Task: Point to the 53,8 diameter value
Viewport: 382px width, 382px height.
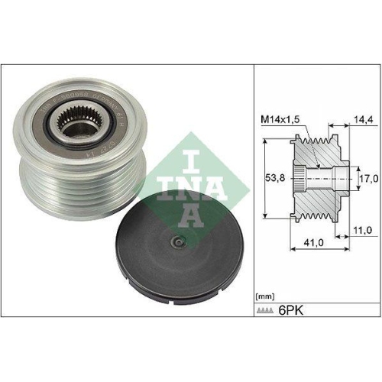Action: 271,178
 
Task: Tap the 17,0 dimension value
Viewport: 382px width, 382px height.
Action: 368,178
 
